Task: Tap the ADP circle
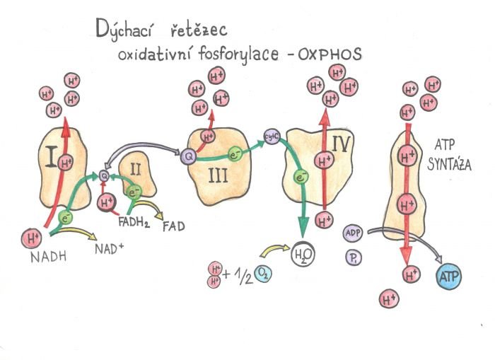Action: click(x=352, y=234)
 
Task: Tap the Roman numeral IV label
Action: click(x=340, y=146)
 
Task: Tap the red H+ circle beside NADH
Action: click(x=32, y=237)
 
